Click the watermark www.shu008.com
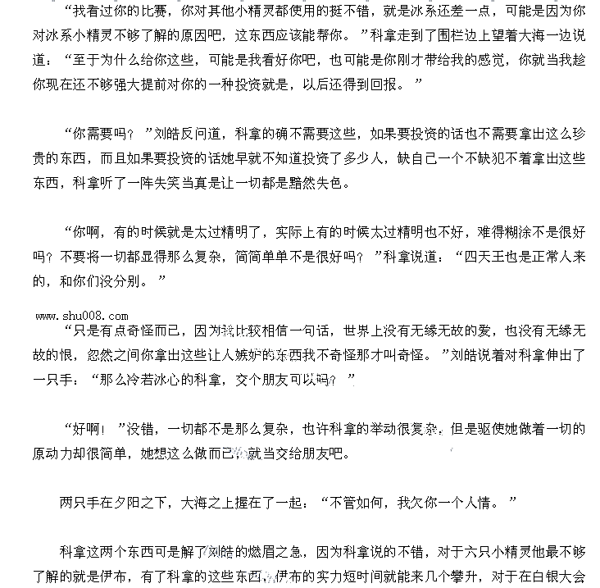point(81,316)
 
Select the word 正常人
point(553,257)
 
